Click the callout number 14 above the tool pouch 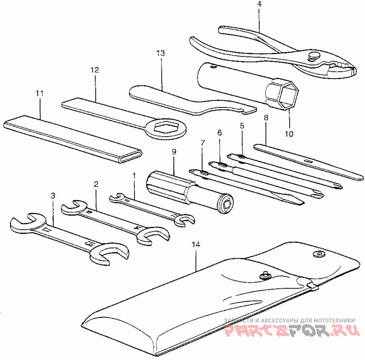(x=196, y=244)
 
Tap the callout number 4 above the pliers (x=260, y=4)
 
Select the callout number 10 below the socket (x=289, y=134)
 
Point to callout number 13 (x=161, y=53)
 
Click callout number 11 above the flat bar (x=40, y=93)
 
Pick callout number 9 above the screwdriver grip (x=174, y=152)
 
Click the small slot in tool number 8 (x=309, y=161)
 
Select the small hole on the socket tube (x=213, y=67)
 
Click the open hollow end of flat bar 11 (x=130, y=157)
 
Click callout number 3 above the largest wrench (x=53, y=196)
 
